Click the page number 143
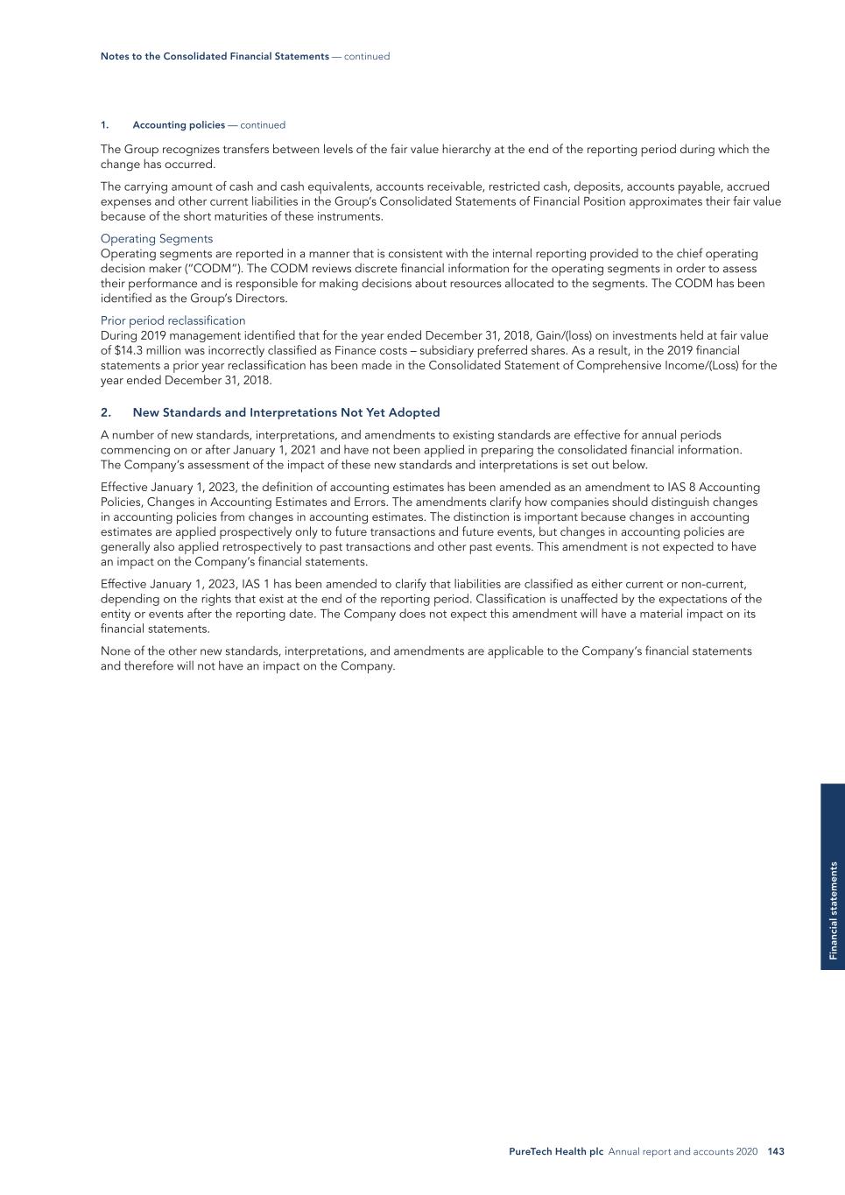(776, 1152)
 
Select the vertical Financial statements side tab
(834, 910)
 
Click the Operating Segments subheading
(157, 239)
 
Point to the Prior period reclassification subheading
(173, 320)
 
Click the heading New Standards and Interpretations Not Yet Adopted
(286, 412)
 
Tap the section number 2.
(105, 412)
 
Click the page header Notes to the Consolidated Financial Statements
(215, 56)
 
